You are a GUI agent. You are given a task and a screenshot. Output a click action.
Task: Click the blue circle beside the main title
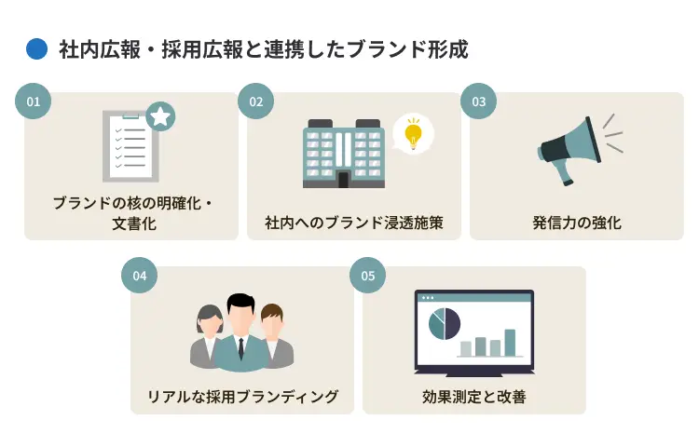click(36, 49)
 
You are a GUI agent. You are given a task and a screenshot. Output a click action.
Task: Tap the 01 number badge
click(34, 102)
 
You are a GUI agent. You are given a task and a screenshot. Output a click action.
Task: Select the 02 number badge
click(256, 102)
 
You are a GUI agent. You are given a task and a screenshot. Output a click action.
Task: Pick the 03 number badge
click(479, 102)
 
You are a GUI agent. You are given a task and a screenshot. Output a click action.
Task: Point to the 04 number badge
click(140, 276)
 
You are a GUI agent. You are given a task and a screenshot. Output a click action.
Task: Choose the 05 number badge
click(368, 276)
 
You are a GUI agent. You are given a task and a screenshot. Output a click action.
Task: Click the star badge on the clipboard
click(160, 116)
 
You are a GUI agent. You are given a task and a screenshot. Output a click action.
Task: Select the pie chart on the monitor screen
click(444, 324)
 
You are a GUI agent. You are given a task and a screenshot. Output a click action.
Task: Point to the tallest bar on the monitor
click(510, 343)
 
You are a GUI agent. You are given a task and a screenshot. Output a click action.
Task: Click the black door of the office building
click(343, 180)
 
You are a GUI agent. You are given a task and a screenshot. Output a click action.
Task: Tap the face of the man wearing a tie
click(241, 318)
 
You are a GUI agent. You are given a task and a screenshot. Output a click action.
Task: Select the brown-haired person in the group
click(274, 338)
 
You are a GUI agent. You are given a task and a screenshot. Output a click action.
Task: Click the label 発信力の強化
click(577, 223)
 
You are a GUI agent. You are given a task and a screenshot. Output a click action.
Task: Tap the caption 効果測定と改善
click(474, 397)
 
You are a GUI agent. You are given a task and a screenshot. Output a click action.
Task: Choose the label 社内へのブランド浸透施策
click(354, 223)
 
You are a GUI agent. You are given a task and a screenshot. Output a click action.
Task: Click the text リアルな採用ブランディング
click(242, 397)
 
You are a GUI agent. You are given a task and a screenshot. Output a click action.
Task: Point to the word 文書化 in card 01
click(134, 223)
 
